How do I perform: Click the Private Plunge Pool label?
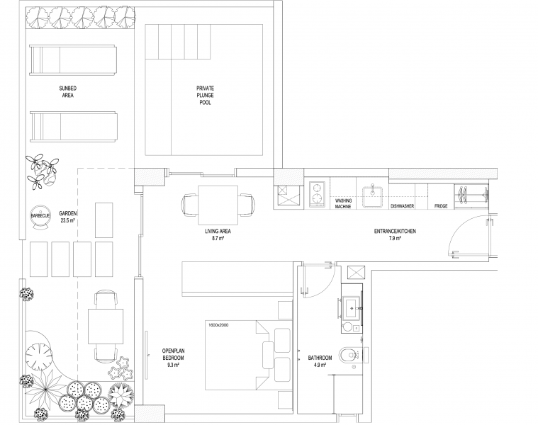[x=205, y=96]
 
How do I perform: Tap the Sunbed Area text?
[x=67, y=92]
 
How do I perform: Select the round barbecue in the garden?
[x=40, y=216]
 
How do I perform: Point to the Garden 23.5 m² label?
[x=67, y=217]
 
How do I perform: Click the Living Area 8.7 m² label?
[x=218, y=234]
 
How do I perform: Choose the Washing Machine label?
[x=343, y=203]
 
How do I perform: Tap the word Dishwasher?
[x=402, y=206]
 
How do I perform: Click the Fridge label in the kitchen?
[x=441, y=206]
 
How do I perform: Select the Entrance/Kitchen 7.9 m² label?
[x=395, y=234]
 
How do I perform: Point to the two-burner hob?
[x=317, y=194]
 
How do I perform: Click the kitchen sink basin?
[x=373, y=197]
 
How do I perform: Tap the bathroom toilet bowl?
[x=349, y=355]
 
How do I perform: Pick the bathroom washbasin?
[x=352, y=308]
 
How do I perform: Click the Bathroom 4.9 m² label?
[x=320, y=361]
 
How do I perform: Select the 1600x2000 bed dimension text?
[x=218, y=324]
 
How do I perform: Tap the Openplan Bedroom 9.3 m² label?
[x=173, y=358]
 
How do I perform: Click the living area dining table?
[x=218, y=205]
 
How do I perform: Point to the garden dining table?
[x=106, y=327]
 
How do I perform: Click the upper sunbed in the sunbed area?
[x=73, y=59]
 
